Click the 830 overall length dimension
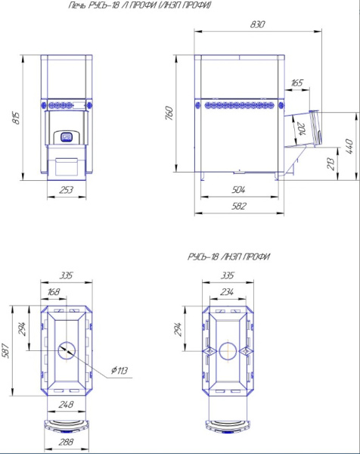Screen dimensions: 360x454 [x=257, y=24]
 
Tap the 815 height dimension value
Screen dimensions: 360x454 [x=17, y=118]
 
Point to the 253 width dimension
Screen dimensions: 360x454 [x=67, y=190]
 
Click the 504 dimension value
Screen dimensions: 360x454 [x=238, y=190]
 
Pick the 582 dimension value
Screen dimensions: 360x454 [x=238, y=206]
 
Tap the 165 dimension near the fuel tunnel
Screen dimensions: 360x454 [x=296, y=83]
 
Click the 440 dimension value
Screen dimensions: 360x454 [x=349, y=147]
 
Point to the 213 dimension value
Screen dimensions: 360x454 [x=331, y=164]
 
